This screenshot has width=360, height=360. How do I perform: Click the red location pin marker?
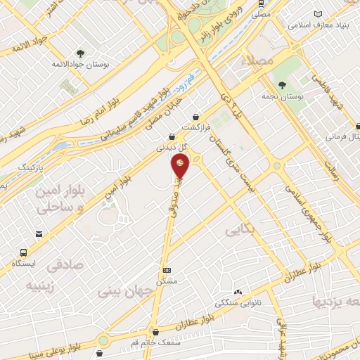pyautogui.click(x=180, y=166)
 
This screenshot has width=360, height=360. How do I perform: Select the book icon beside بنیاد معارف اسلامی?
pyautogui.click(x=319, y=15)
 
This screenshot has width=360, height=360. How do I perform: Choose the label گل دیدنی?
pyautogui.click(x=172, y=148)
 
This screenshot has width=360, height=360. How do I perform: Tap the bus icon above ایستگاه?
pyautogui.click(x=25, y=252)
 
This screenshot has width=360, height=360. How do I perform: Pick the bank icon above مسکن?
pyautogui.click(x=167, y=270)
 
